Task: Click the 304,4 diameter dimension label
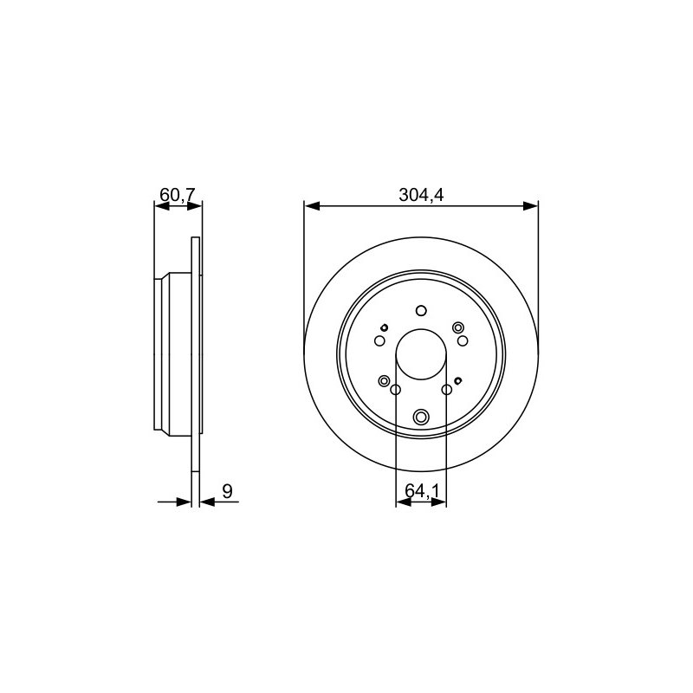tap(421, 195)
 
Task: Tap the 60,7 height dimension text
tap(178, 194)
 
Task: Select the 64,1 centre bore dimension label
tap(422, 490)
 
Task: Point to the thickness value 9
tap(227, 491)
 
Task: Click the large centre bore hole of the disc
tap(421, 354)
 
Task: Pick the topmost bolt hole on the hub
tap(421, 311)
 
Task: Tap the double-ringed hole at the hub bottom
tap(421, 417)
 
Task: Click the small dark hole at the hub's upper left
tap(384, 327)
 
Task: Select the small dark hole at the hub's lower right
tap(458, 380)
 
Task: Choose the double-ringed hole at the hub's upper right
tap(458, 327)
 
